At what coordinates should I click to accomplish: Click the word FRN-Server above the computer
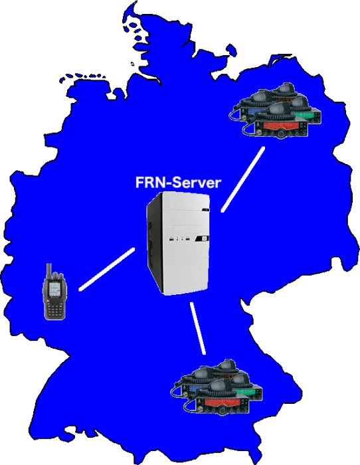coord(178,183)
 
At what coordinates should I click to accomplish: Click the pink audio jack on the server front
coord(177,238)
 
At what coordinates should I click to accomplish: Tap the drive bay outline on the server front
coord(187,229)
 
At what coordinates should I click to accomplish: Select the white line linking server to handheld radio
coord(107,269)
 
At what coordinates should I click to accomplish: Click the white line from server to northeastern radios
coord(243,179)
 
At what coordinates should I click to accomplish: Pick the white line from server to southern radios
coord(198,328)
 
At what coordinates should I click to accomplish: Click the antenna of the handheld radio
coord(49,271)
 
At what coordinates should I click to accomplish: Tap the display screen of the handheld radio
coord(54,288)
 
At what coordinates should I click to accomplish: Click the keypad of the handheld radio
coord(54,310)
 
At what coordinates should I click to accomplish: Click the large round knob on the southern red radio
coord(222,411)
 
